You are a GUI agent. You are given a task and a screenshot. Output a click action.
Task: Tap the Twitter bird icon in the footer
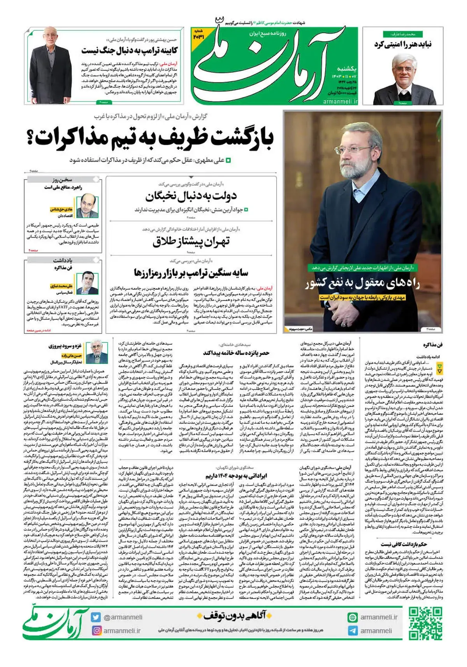point(96,617)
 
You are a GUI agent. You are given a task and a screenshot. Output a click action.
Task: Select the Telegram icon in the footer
point(353,631)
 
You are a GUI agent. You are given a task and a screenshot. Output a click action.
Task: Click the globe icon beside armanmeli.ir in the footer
point(353,617)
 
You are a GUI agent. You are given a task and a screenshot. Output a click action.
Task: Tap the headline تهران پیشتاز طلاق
point(191,242)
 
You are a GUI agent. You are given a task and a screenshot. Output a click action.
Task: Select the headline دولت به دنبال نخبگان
point(191,196)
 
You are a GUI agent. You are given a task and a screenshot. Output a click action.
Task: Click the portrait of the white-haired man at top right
point(403,78)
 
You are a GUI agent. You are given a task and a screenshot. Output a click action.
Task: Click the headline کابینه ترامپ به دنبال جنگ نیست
point(130,51)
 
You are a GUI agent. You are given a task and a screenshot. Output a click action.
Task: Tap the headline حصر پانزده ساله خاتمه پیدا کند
point(236,353)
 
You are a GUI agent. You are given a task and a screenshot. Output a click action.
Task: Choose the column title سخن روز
point(62,180)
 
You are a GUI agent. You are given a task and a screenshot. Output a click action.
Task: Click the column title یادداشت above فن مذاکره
point(62,260)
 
